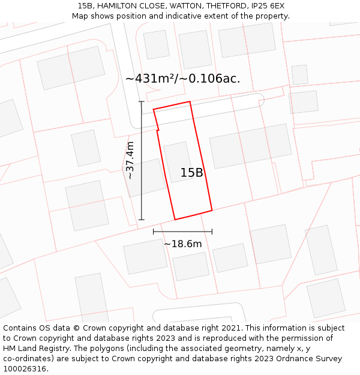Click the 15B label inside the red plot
(x=192, y=173)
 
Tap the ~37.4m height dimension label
(x=130, y=160)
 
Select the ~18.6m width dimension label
(x=182, y=244)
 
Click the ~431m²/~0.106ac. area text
(x=182, y=79)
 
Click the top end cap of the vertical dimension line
(x=142, y=102)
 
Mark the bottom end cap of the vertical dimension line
(x=142, y=220)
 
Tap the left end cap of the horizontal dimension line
(x=154, y=232)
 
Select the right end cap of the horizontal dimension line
(x=212, y=232)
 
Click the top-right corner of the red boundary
(x=190, y=102)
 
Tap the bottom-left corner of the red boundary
(x=175, y=219)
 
